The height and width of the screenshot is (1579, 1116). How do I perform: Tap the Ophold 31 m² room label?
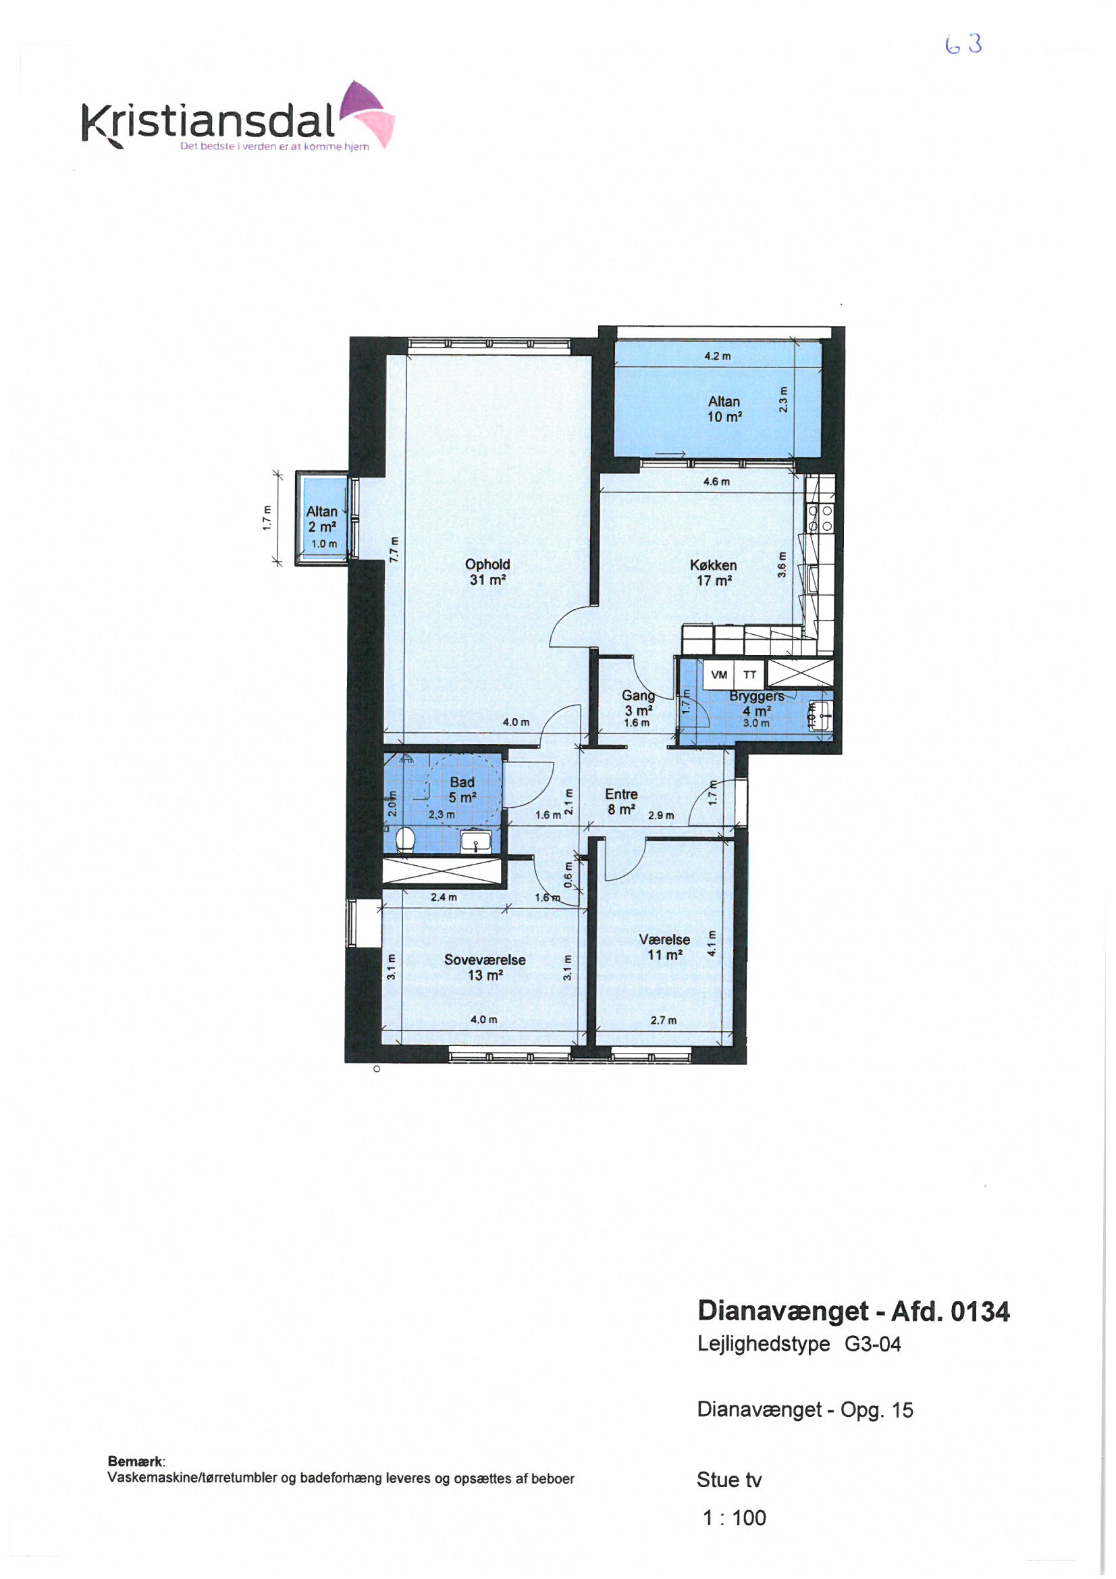tap(487, 571)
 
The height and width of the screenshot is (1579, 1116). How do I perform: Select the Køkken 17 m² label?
tap(713, 572)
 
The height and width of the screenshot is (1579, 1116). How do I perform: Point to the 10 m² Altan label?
tap(724, 409)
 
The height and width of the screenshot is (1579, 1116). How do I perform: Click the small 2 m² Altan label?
tap(322, 519)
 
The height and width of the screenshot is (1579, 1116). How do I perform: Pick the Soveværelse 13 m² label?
tap(485, 967)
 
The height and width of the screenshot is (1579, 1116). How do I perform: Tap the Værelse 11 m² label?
tap(664, 946)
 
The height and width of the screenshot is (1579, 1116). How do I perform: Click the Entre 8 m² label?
tap(621, 801)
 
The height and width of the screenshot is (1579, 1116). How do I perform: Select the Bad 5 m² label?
tap(462, 789)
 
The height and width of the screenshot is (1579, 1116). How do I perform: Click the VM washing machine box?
tap(718, 675)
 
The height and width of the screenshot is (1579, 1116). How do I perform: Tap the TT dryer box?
tap(750, 675)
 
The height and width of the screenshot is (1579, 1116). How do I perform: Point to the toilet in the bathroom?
tap(405, 839)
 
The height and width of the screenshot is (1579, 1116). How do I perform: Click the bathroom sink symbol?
tap(475, 841)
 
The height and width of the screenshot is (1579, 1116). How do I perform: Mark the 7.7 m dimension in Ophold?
tap(394, 550)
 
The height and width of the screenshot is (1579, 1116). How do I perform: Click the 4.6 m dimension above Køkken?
tap(716, 482)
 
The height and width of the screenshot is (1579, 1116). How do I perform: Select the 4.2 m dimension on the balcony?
tap(717, 356)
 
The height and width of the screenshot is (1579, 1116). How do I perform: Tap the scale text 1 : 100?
tap(735, 1518)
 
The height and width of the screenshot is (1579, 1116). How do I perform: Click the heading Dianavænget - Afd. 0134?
tap(853, 1312)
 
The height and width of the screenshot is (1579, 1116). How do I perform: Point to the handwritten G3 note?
tap(963, 44)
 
